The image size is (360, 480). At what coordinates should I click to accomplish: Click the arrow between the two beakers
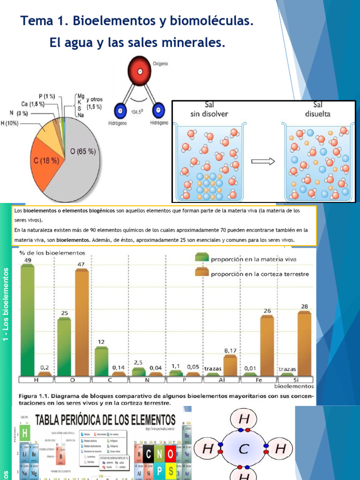click(263, 161)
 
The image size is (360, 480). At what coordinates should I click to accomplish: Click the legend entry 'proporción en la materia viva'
click(253, 258)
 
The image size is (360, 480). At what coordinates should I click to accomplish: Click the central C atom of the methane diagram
click(243, 449)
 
